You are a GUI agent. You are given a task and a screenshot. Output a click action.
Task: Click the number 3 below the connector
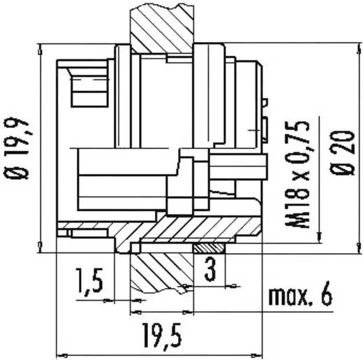209,269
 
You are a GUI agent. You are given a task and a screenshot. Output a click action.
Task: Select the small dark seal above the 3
209,248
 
